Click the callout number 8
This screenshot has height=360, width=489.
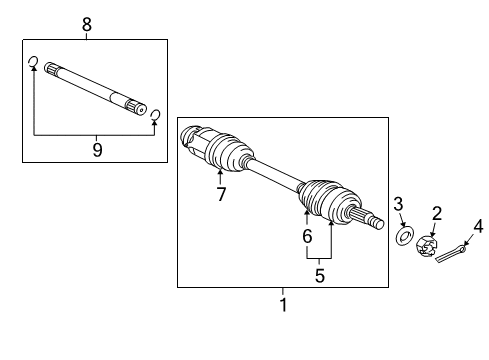[87, 24]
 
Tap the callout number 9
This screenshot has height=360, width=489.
[97, 150]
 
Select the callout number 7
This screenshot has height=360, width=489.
[221, 194]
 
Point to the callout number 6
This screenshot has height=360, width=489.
[307, 236]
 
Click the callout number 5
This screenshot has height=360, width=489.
[319, 276]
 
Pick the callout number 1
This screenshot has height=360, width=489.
[283, 305]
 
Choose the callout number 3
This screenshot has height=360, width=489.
[398, 204]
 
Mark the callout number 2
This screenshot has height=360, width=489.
[437, 213]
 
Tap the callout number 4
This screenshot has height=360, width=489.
[478, 227]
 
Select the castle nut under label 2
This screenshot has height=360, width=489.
[426, 247]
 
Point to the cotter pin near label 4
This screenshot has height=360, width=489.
[451, 254]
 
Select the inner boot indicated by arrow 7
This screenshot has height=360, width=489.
[227, 153]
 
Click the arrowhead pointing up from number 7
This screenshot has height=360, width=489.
[220, 172]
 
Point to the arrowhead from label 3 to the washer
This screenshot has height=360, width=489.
[404, 225]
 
